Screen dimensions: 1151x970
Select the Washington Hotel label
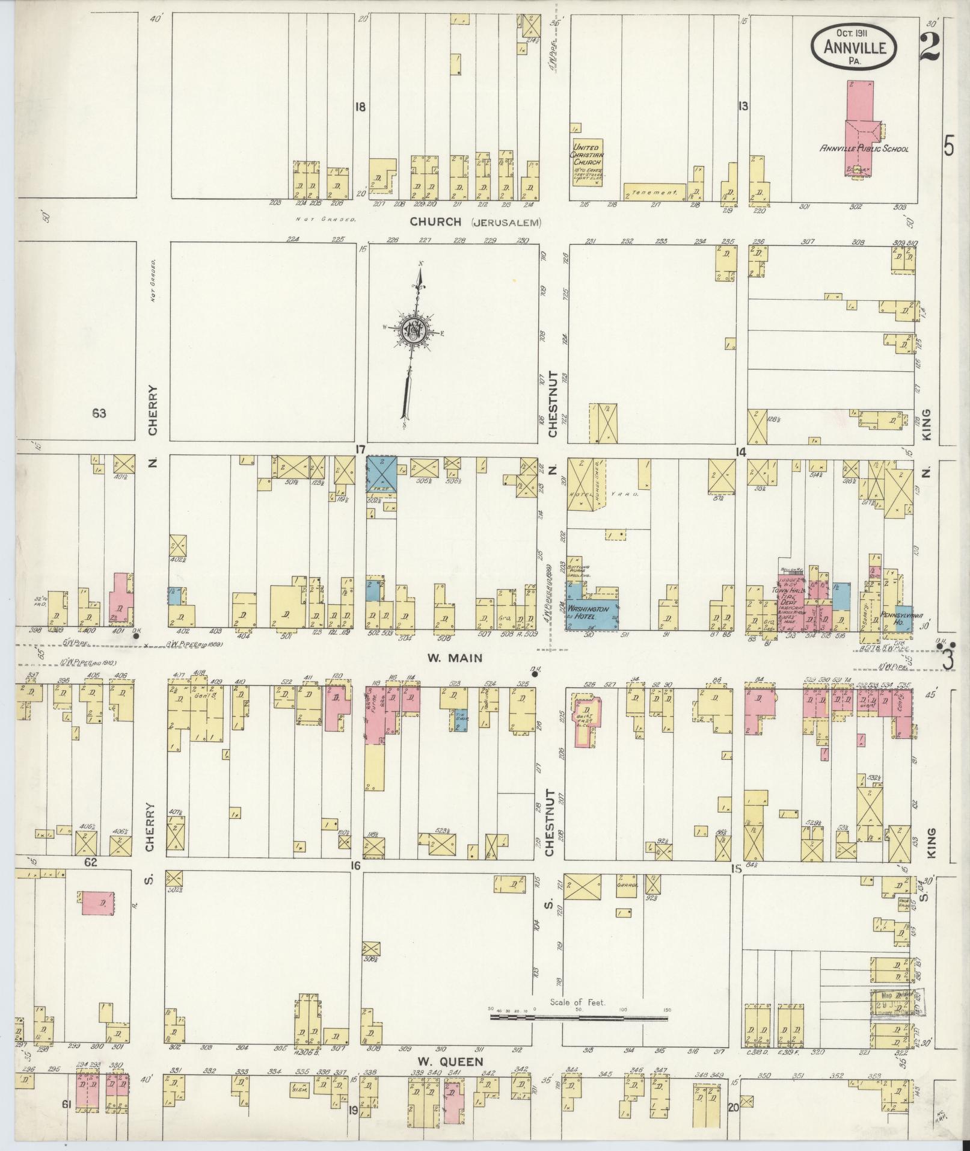[x=588, y=613]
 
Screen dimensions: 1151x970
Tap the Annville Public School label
[x=865, y=149]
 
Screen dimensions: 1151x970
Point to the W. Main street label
[x=446, y=658]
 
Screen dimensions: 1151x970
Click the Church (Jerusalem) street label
[x=475, y=222]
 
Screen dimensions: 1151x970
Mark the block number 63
[x=99, y=413]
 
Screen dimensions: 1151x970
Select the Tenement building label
[x=655, y=194]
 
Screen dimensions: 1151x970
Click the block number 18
[x=360, y=108]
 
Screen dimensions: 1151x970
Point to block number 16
[x=355, y=866]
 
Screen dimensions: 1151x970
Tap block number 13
[x=743, y=106]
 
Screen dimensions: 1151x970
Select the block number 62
[x=90, y=862]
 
